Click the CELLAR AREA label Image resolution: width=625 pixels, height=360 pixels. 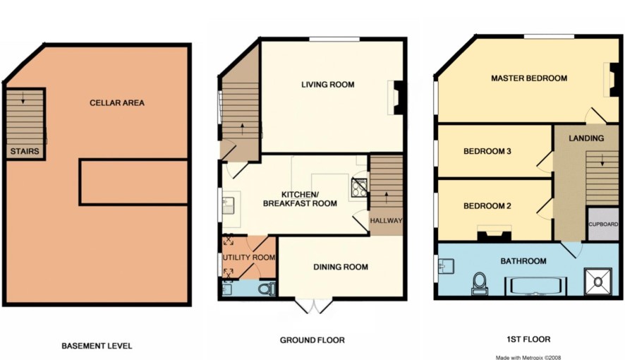[x=117, y=103]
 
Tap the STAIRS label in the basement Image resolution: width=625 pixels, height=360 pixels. [x=25, y=151]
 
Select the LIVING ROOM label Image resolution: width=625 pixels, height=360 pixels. [x=327, y=85]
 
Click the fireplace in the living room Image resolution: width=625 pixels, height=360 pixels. [x=398, y=97]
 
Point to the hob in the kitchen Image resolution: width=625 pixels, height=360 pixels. [x=358, y=186]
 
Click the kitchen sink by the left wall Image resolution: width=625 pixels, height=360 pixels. [x=229, y=205]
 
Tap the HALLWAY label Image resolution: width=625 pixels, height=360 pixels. [x=385, y=221]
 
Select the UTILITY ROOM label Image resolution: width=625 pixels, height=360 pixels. [x=248, y=258]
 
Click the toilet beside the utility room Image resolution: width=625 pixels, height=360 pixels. [x=267, y=288]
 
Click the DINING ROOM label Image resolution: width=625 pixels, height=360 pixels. [x=341, y=267]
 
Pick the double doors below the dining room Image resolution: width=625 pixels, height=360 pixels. [x=312, y=306]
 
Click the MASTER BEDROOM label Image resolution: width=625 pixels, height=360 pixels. [x=529, y=78]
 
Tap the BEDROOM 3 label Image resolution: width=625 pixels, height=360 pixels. [x=487, y=151]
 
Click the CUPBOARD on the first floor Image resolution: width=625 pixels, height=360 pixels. [x=603, y=224]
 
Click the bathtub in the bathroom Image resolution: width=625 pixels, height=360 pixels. [x=534, y=286]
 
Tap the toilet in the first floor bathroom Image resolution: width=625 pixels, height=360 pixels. [x=480, y=282]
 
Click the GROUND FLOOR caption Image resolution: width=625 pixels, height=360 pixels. [x=312, y=340]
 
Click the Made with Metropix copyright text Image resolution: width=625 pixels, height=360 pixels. [x=529, y=356]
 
